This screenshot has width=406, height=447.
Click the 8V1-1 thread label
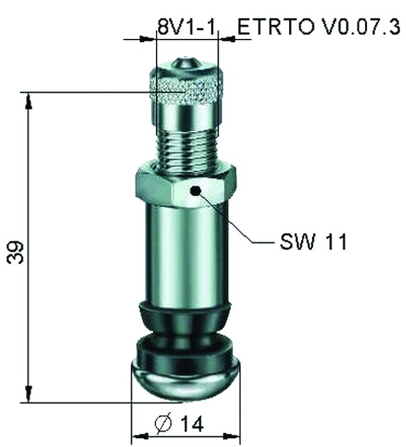188,26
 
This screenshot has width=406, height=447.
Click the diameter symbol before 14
163,424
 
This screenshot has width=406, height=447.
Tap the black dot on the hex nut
196,190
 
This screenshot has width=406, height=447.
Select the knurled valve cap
187,89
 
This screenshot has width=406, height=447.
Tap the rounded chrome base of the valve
185,381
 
